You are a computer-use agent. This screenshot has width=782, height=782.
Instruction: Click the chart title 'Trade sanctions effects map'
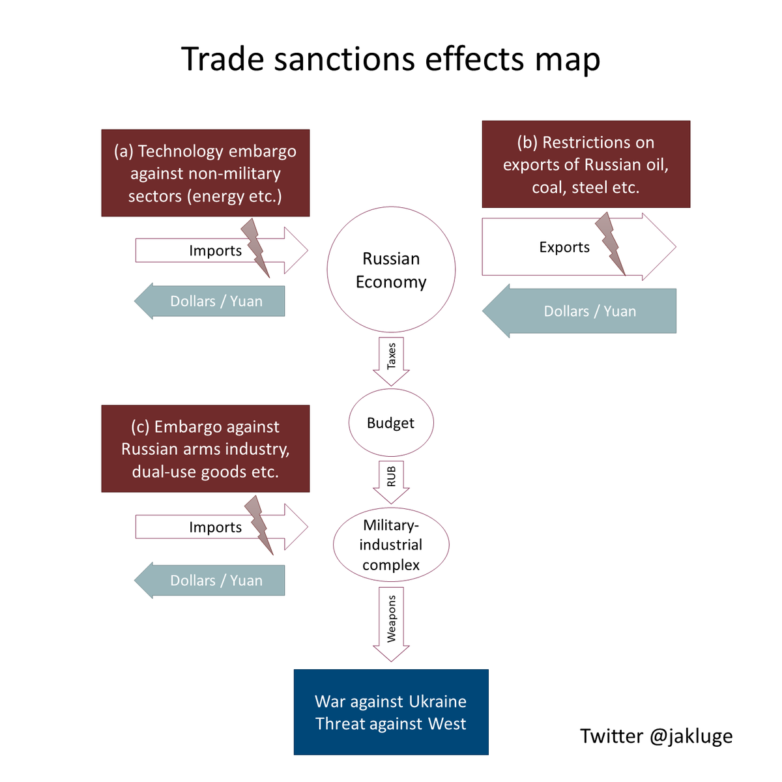click(x=390, y=59)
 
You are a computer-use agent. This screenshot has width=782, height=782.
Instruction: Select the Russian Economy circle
click(x=391, y=270)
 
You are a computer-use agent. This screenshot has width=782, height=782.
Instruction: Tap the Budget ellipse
click(x=391, y=423)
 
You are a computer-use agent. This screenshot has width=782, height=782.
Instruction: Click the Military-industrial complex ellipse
click(x=391, y=545)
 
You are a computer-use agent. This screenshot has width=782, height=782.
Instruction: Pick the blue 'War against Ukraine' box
click(x=391, y=712)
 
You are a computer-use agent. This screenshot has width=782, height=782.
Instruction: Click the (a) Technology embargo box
click(x=205, y=173)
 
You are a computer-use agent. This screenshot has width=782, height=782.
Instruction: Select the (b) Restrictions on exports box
click(x=586, y=164)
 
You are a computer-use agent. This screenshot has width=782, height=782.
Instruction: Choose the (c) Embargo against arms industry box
click(x=205, y=449)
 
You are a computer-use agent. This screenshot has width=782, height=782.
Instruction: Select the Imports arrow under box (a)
click(x=195, y=251)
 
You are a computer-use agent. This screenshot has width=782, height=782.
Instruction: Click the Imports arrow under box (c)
click(x=195, y=527)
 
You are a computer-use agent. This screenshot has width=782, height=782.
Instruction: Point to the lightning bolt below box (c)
click(x=259, y=523)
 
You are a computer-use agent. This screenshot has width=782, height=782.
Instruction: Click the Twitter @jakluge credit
click(x=656, y=736)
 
